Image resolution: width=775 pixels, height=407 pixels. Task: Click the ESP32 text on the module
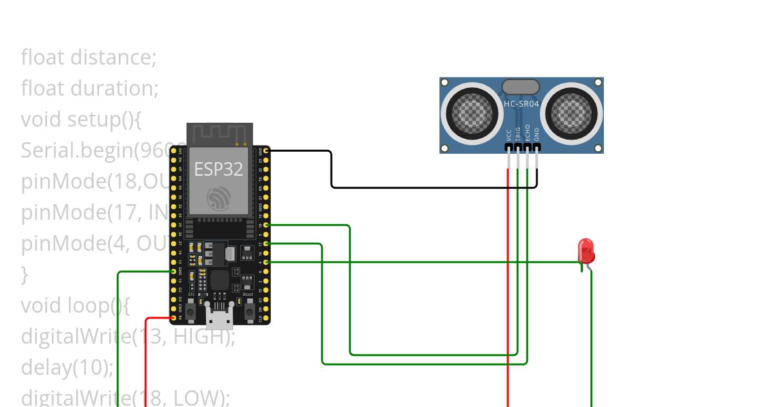coord(218,169)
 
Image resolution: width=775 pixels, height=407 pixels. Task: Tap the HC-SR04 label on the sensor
coord(521,103)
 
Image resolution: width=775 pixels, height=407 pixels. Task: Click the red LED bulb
coord(586,251)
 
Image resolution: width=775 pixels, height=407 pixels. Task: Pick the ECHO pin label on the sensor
coord(527,132)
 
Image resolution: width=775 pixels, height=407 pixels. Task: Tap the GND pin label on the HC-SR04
coord(536,134)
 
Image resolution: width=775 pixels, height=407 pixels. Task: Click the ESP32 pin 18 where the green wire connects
coord(267,225)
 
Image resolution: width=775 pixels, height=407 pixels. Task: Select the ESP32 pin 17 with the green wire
coord(267,244)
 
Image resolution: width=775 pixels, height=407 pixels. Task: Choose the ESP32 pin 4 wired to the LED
coord(267,262)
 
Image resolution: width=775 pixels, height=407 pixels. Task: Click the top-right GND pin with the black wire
coord(267,151)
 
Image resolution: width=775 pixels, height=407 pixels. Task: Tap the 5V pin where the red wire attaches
coord(173,318)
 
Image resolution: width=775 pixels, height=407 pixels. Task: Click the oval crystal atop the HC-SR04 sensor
coord(521,87)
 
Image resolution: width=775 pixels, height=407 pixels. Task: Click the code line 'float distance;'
coord(88,57)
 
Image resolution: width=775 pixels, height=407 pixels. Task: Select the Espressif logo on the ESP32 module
coord(218,198)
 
